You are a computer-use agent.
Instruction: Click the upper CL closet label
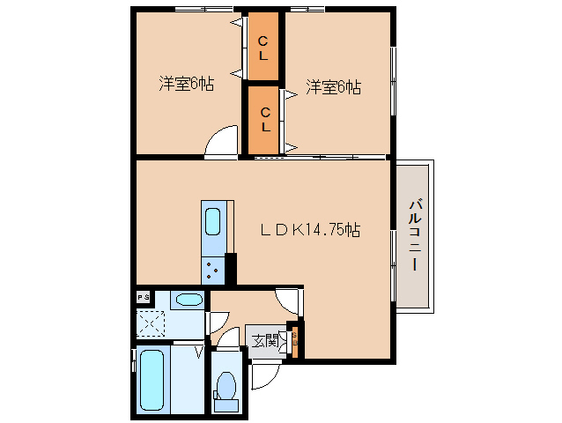[x=263, y=49]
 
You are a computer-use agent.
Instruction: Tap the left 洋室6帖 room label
[x=187, y=85]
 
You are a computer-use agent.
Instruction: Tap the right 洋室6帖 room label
[x=334, y=87]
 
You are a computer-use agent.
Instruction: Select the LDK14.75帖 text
[x=309, y=230]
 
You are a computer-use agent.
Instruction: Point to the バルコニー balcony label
[x=414, y=235]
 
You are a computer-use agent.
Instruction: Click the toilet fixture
[x=226, y=389]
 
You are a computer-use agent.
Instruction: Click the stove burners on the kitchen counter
[x=213, y=267]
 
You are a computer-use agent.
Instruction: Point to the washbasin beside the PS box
[x=187, y=299]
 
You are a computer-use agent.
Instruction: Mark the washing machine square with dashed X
[x=151, y=323]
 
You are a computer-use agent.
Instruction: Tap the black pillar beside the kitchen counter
[x=231, y=266]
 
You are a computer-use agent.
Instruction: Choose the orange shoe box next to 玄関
[x=295, y=343]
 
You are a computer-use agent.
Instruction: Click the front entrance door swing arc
[x=265, y=374]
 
